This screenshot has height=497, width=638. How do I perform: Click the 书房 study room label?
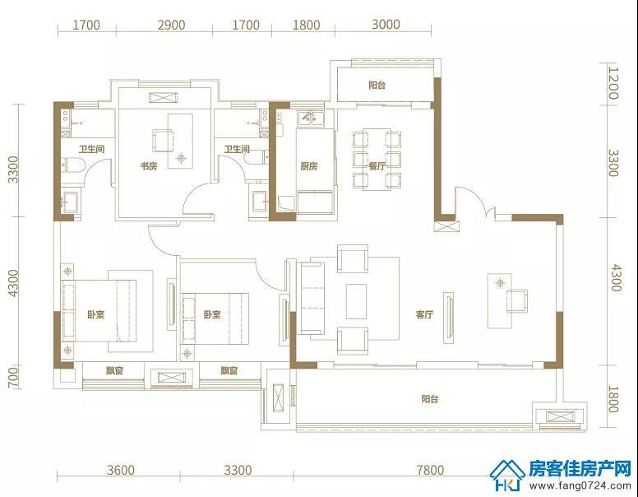[149, 165]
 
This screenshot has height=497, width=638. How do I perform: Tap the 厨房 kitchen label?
[309, 165]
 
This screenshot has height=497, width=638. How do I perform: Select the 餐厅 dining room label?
[377, 165]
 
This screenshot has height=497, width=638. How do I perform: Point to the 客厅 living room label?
[424, 314]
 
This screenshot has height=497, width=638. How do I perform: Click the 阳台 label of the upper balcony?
[377, 85]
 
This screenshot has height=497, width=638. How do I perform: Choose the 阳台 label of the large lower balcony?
[430, 399]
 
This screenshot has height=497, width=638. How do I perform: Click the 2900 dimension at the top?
[171, 25]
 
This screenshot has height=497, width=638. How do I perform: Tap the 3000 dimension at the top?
[386, 25]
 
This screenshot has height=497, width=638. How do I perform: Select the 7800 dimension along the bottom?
[430, 470]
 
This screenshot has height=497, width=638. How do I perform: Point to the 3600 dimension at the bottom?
[120, 470]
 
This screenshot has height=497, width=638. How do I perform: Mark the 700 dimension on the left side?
[13, 377]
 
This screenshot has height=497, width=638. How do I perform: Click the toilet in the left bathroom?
[73, 165]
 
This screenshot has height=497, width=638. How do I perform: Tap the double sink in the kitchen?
[311, 118]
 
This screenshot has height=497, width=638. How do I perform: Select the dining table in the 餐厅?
[377, 160]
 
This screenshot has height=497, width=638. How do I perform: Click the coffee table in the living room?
[356, 301]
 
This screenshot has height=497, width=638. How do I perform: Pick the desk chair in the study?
[163, 140]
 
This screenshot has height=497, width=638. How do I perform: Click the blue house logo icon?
[507, 475]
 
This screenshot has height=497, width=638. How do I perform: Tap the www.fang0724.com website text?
[580, 485]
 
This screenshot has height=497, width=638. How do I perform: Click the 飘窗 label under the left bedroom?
[114, 371]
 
